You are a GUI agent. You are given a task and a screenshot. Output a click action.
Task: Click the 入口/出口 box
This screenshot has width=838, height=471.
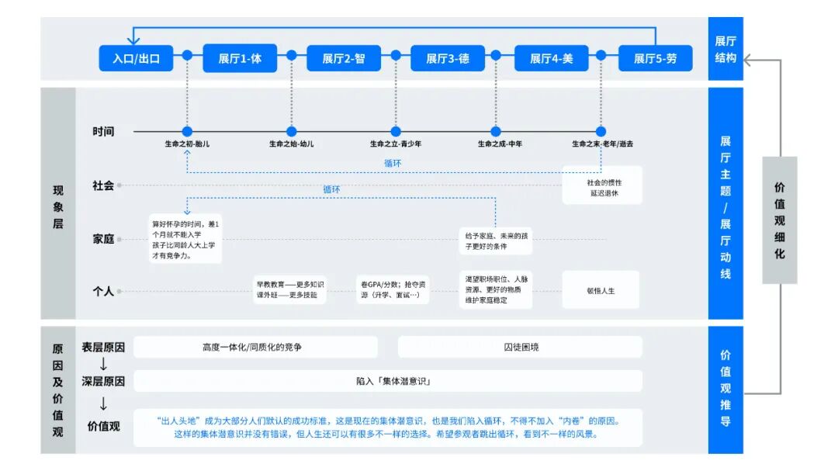[136, 58]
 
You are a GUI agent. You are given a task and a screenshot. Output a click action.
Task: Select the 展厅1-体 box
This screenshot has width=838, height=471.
[240, 58]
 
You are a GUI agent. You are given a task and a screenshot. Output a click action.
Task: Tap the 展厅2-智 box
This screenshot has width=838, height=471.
[344, 58]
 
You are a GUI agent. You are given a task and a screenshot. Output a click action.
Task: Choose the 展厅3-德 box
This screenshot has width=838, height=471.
[448, 58]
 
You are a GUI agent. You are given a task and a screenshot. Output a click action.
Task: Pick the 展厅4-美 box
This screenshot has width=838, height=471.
[552, 58]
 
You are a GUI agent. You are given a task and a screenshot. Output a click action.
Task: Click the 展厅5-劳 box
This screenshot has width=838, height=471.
[656, 58]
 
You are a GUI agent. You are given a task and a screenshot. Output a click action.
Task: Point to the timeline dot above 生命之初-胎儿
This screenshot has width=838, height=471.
[187, 132]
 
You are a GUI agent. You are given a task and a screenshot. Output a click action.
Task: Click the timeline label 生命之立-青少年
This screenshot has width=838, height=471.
[396, 144]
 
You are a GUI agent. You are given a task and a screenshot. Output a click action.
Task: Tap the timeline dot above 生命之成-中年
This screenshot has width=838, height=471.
[496, 132]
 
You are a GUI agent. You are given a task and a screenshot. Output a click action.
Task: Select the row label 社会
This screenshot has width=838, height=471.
[103, 185]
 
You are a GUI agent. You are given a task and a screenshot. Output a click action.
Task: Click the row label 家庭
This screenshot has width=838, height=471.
[103, 239]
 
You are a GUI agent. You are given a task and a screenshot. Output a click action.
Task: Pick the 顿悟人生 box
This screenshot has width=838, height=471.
[601, 290]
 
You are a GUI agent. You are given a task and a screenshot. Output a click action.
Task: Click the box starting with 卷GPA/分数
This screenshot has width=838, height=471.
[393, 290]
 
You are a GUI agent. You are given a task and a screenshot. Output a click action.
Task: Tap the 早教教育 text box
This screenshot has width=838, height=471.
[290, 290]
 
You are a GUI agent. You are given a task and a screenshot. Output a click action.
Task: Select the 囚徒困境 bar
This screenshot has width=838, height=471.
[521, 347]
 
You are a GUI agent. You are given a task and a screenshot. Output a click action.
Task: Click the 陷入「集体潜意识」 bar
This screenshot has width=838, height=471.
[388, 381]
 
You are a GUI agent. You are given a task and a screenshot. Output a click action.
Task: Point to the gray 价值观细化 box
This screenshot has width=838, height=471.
[779, 220]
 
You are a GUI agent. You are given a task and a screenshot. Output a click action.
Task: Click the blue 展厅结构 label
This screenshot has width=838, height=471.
[725, 48]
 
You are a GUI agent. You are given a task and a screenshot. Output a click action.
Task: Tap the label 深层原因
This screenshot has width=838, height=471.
[103, 381]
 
